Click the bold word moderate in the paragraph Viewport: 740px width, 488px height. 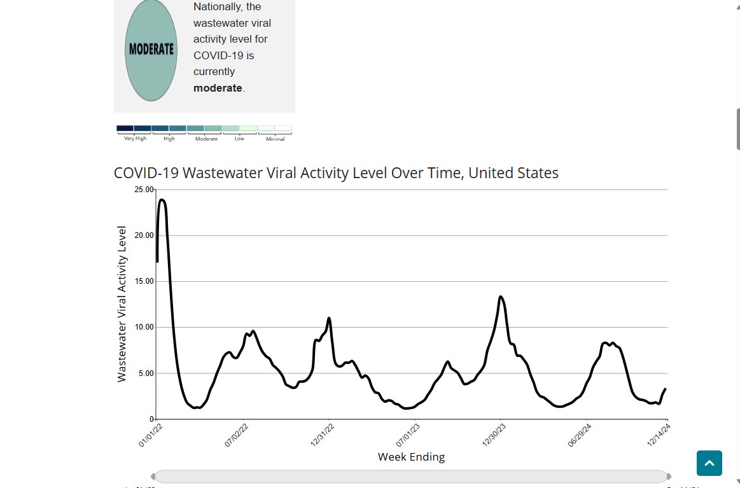point(218,88)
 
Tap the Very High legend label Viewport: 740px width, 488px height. point(135,138)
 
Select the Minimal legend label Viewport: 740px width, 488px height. point(275,138)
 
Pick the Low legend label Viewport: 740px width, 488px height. point(239,138)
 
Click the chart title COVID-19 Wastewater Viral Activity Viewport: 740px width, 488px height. point(336,173)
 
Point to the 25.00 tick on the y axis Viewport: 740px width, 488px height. point(144,190)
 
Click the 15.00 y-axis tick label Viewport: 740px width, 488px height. point(144,281)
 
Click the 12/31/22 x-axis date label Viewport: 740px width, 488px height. point(323,435)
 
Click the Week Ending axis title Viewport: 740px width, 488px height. point(411,457)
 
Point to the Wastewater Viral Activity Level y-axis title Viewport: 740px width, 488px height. point(122,304)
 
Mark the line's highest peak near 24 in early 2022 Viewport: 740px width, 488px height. point(162,200)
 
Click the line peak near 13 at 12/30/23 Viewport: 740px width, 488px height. point(501,296)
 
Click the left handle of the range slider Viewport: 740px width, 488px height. point(153,477)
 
